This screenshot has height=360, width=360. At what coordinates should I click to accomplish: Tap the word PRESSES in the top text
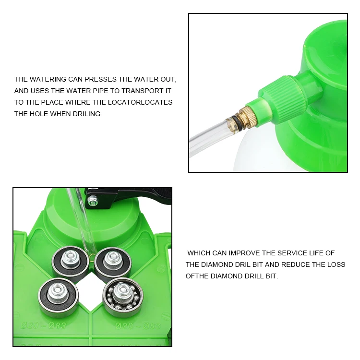point(101,79)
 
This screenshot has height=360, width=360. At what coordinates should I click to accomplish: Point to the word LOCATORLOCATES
point(140,102)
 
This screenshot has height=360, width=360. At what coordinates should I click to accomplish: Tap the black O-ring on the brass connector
point(236,123)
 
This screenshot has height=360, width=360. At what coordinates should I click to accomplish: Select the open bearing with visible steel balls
point(123,297)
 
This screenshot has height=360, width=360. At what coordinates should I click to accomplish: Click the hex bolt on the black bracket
point(93,200)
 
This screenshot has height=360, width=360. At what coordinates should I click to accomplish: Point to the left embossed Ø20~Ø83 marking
point(43,325)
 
